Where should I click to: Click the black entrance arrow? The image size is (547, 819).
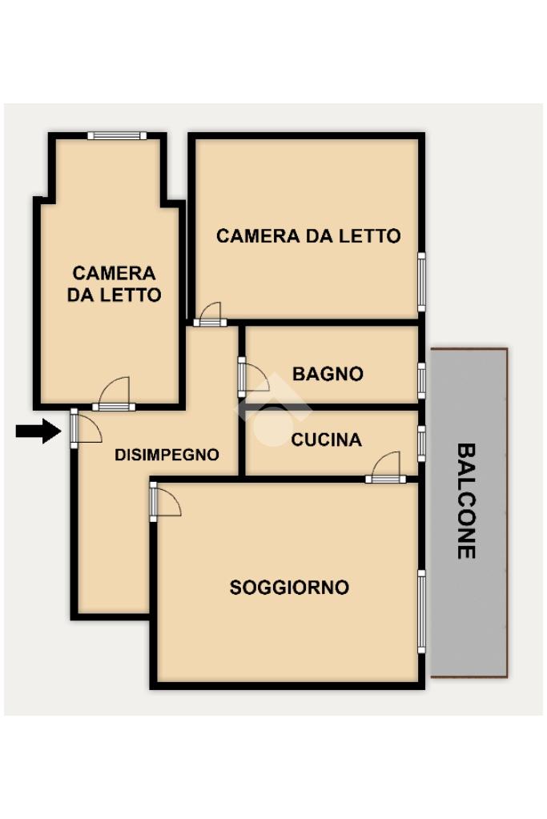[x=38, y=431]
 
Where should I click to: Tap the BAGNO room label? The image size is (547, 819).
[x=328, y=374]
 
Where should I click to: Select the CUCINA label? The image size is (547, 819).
[x=327, y=440]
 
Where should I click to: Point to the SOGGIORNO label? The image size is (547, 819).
[x=289, y=588]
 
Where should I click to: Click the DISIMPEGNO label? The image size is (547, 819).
[x=167, y=455]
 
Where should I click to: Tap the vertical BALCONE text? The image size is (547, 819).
[x=466, y=501]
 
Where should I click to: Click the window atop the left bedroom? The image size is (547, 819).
[x=117, y=136]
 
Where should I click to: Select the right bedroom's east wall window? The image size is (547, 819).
[x=421, y=282]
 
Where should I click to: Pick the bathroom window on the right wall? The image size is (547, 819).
[x=421, y=381]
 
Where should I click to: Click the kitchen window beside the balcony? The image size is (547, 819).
[x=421, y=444]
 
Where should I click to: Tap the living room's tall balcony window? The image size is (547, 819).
[x=421, y=612]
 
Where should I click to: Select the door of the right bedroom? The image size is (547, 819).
[x=210, y=315]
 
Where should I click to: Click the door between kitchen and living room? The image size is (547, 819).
[x=385, y=468]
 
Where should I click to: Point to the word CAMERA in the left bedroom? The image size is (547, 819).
[x=114, y=273]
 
